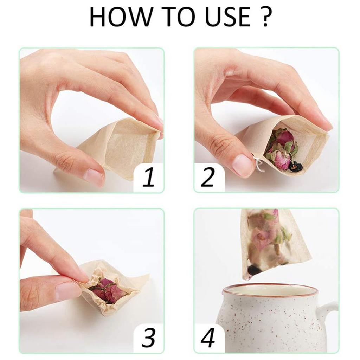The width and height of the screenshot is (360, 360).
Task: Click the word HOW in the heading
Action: (x=121, y=17)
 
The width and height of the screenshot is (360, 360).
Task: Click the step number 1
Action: (x=149, y=177)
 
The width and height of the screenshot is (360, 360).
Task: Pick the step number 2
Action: (x=207, y=177)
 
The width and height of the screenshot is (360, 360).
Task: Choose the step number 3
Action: (x=149, y=338)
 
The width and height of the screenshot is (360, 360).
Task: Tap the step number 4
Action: (x=208, y=338)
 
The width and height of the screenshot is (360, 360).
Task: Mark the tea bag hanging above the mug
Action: (x=275, y=243)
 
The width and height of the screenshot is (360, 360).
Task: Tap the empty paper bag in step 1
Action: (x=115, y=147)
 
